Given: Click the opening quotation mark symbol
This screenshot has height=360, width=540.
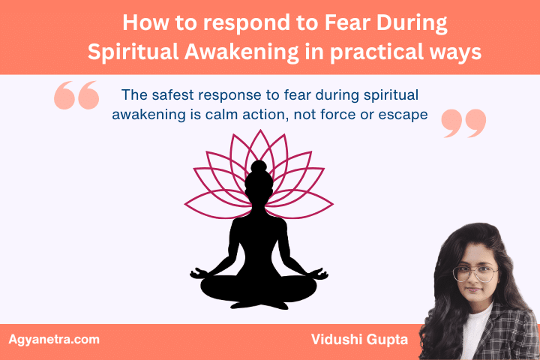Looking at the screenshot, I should click(76, 97).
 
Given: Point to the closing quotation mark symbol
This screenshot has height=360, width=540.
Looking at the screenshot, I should click(463, 123).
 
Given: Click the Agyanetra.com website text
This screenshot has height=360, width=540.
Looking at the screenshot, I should click(53, 339).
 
